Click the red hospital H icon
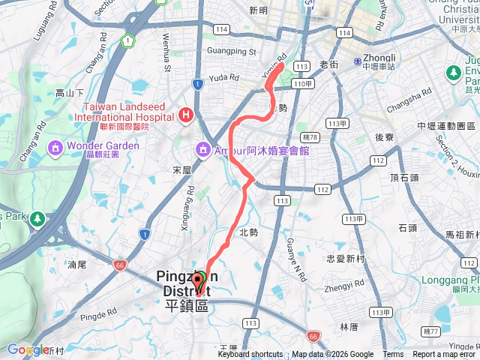185,115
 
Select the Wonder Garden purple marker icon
55,147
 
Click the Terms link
393,355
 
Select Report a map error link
445,355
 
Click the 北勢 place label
248,232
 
